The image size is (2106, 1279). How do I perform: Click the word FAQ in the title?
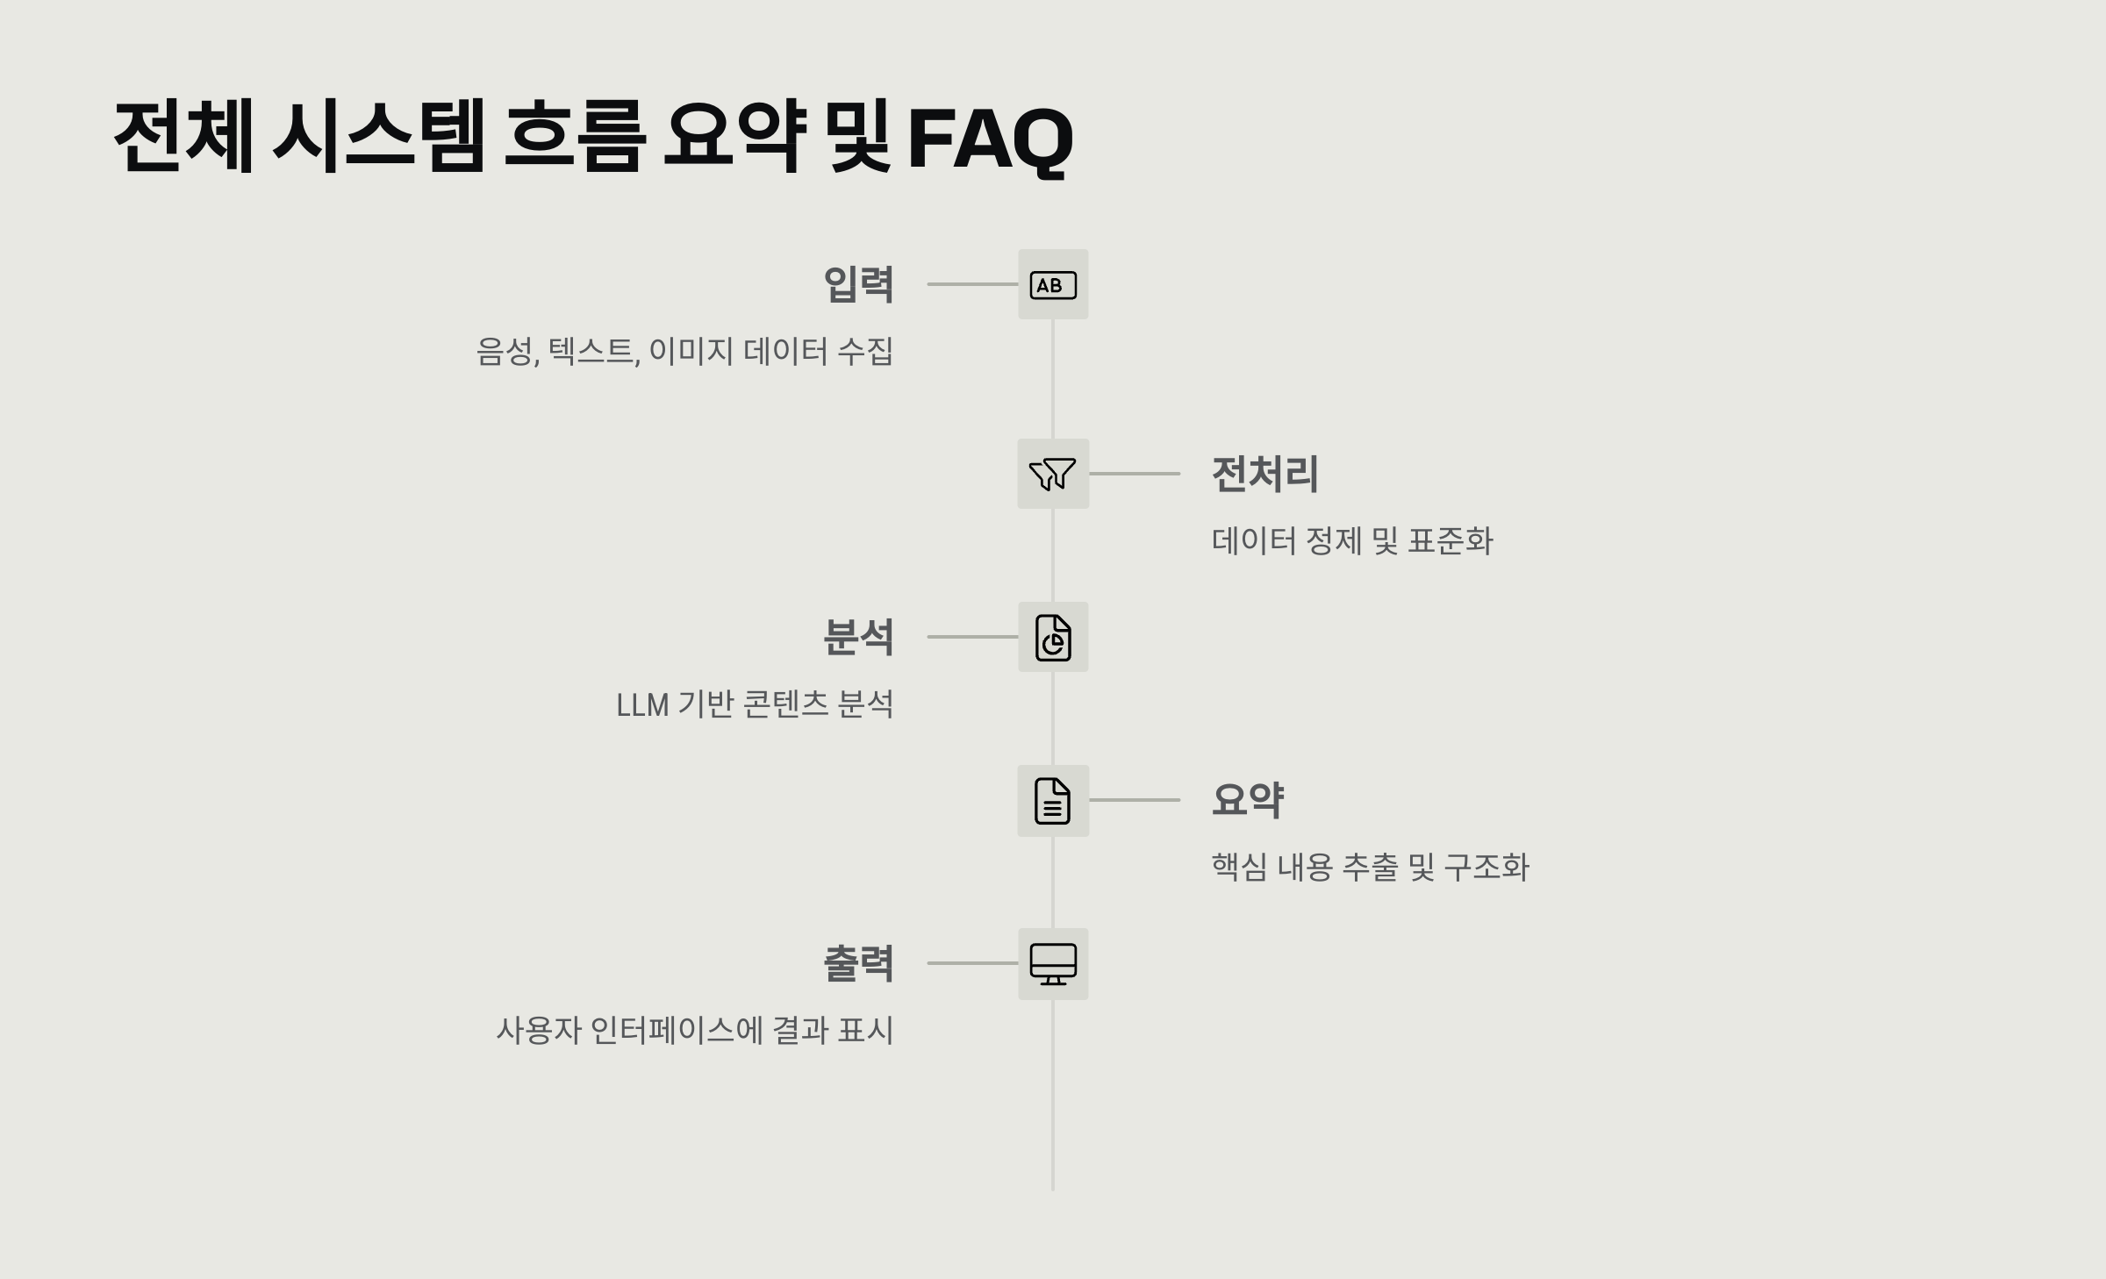990,139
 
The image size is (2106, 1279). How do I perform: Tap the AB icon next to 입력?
1053,285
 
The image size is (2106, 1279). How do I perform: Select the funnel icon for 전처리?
1053,474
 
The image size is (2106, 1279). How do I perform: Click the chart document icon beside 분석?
1053,637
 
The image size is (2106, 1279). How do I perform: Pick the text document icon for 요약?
1053,800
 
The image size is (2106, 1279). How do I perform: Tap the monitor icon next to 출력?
1053,964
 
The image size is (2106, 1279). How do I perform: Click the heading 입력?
858,284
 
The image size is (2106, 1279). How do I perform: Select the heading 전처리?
1264,474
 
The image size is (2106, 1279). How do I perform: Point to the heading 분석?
858,637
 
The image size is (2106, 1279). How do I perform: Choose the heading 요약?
1248,800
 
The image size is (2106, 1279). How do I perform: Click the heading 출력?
858,963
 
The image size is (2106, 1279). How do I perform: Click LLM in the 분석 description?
642,705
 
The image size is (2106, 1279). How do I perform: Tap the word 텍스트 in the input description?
592,352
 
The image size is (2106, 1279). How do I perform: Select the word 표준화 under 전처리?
1450,540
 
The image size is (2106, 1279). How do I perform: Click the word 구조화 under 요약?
1486,867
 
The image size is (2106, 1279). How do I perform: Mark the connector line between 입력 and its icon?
972,284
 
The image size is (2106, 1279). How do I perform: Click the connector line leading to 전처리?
1135,474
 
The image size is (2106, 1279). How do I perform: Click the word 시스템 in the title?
378,137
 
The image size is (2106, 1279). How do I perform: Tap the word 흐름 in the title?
575,137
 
